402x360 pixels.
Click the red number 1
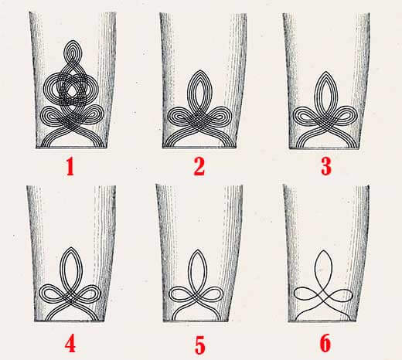(x=70, y=167)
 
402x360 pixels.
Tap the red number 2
(x=199, y=167)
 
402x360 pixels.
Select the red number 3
(x=326, y=166)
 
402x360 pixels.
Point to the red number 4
(x=70, y=345)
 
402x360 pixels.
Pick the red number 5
(x=199, y=345)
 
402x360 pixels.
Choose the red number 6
(x=325, y=344)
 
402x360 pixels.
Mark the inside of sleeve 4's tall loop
(x=71, y=269)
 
